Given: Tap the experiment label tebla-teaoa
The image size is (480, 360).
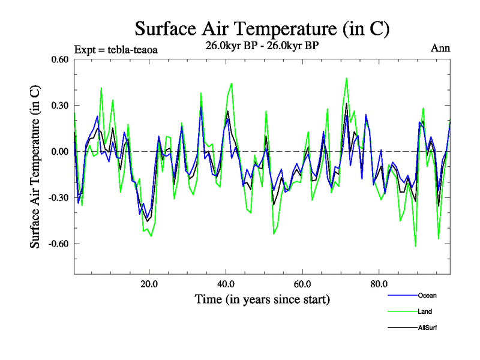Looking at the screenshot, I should [x=116, y=50].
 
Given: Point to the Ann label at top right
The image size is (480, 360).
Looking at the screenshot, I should [x=440, y=49].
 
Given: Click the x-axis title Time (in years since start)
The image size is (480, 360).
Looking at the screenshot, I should [x=262, y=299].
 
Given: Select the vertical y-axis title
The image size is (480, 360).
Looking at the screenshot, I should [x=36, y=167].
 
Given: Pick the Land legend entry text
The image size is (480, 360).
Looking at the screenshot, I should [x=425, y=311].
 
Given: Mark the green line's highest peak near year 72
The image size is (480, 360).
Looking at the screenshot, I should [x=346, y=78].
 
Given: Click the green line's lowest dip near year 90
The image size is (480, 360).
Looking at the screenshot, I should [x=415, y=246].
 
